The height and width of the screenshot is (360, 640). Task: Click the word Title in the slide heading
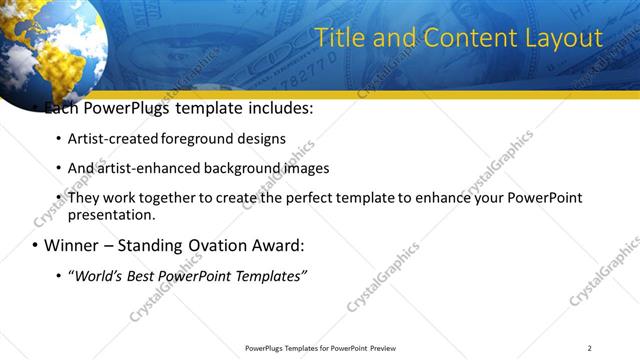(x=338, y=38)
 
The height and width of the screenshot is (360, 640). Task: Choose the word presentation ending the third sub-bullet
(x=111, y=214)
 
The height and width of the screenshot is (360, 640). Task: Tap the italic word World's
(x=102, y=275)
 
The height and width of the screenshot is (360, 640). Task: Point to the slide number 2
(x=589, y=348)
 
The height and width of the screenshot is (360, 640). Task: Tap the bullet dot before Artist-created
(x=58, y=139)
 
